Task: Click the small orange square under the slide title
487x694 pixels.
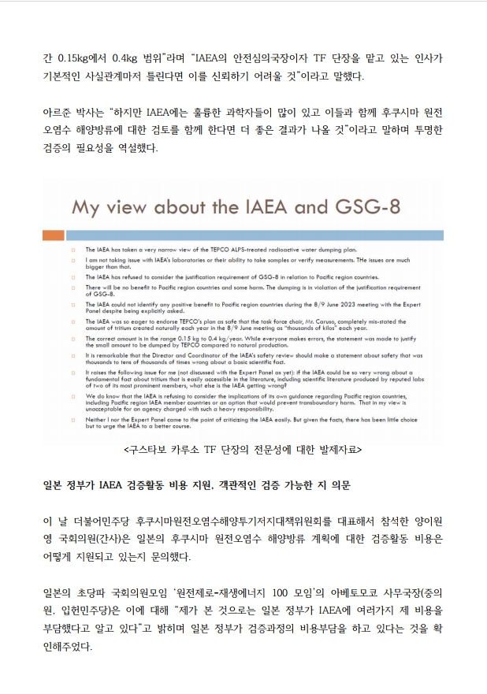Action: pos(53,236)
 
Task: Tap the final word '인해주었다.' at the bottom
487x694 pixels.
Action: pos(67,647)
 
